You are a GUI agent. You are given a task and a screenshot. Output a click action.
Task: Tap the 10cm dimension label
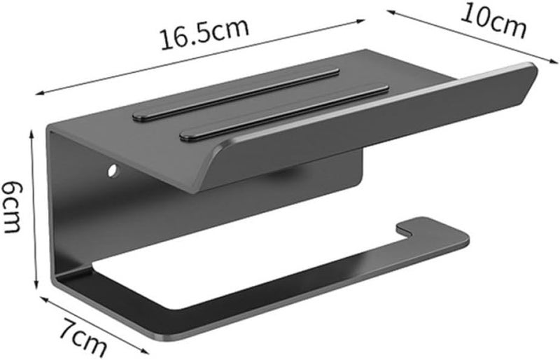[x=493, y=21]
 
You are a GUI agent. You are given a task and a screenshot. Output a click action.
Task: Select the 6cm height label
[x=12, y=207]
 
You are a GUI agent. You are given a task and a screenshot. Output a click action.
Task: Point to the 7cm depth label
[x=83, y=337]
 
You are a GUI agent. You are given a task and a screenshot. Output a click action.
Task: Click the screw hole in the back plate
[x=113, y=170]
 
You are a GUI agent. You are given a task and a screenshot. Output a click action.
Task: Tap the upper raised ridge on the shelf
[x=236, y=94]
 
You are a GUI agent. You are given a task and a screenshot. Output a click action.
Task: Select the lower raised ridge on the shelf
[x=284, y=112]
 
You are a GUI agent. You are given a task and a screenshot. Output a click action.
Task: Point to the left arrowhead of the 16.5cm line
[x=40, y=94]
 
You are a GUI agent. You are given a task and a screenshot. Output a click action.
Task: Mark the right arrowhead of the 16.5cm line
[x=360, y=22]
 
